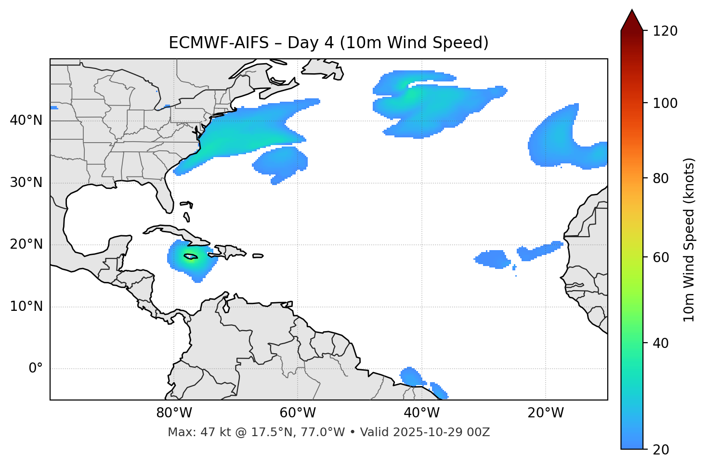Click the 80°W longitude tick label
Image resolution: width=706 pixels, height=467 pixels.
[174, 413]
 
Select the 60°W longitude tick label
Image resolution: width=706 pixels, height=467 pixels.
[298, 413]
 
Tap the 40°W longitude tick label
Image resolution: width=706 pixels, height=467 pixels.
[421, 413]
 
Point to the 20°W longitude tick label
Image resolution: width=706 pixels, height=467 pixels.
[545, 413]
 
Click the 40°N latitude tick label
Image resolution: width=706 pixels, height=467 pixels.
[26, 120]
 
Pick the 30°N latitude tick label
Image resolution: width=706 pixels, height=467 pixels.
[26, 183]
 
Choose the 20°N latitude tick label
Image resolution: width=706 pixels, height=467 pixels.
[26, 244]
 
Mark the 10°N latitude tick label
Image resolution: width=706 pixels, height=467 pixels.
[26, 307]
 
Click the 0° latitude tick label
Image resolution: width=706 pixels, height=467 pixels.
[36, 369]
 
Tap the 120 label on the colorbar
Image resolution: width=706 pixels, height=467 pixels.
[665, 31]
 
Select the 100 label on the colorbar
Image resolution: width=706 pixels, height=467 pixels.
[665, 103]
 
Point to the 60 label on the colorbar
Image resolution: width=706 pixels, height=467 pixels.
[661, 257]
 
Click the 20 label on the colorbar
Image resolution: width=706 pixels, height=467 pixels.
[661, 450]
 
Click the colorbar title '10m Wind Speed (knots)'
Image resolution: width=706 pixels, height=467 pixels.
[689, 240]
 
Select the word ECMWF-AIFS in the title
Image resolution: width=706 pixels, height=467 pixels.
[219, 43]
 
